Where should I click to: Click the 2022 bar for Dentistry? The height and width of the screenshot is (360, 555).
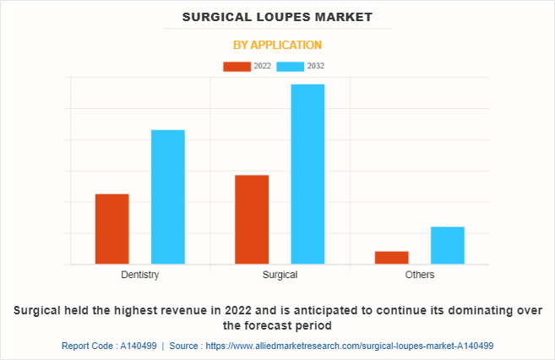(x=112, y=229)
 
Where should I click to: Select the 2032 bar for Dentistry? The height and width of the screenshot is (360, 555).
(x=168, y=197)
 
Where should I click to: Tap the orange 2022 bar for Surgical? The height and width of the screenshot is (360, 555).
(x=252, y=220)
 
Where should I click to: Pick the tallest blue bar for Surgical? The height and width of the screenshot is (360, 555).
(x=307, y=174)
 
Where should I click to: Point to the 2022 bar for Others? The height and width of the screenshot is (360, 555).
(x=391, y=258)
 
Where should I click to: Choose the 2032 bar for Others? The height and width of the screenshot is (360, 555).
(x=447, y=245)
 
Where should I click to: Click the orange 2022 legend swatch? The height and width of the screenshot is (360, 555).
(x=237, y=66)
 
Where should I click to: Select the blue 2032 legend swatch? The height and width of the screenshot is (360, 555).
(x=291, y=66)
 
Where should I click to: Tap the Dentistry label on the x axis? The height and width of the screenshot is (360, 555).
(x=140, y=275)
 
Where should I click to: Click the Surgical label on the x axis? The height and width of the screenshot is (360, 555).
(x=280, y=275)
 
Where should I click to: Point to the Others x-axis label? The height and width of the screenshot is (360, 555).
(x=420, y=275)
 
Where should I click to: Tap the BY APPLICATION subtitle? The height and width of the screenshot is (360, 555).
(x=277, y=45)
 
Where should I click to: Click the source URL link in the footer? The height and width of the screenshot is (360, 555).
(x=350, y=346)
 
